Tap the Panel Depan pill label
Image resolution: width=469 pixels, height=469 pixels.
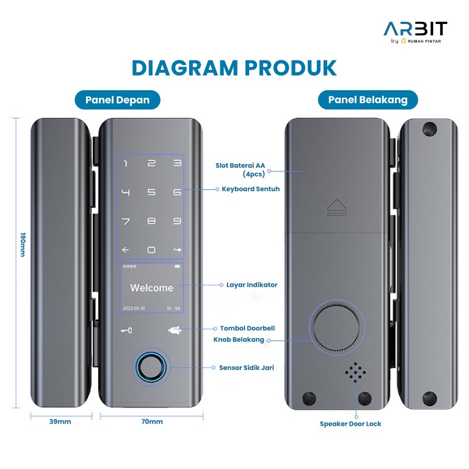tap(117, 100)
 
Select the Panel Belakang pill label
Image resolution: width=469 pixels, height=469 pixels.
tap(367, 100)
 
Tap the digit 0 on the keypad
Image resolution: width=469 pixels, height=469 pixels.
tap(151, 250)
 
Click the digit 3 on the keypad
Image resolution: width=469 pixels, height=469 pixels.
tap(177, 164)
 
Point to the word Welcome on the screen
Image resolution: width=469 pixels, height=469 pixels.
tap(152, 288)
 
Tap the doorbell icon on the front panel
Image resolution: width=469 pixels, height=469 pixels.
tap(174, 329)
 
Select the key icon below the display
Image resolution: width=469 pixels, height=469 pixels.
tap(126, 330)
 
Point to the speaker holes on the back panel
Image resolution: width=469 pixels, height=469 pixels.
tap(355, 372)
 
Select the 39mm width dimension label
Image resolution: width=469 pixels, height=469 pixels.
tap(60, 422)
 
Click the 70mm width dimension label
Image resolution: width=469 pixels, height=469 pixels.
tap(152, 422)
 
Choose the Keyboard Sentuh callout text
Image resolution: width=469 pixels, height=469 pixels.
tap(251, 189)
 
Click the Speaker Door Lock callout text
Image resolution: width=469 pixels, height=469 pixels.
tap(350, 424)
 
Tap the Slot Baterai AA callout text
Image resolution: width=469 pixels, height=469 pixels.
tap(240, 166)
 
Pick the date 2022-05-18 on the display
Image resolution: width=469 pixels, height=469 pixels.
tap(134, 308)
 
